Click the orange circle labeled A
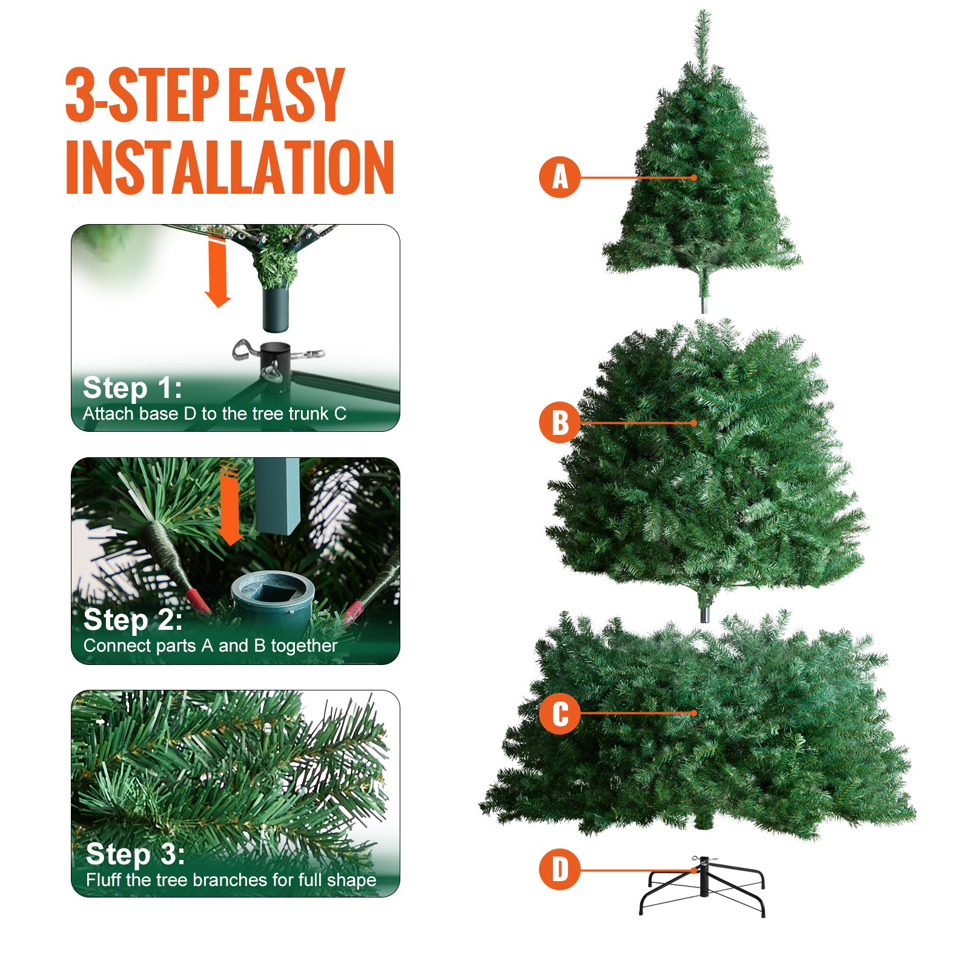tap(560, 177)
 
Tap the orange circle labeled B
tap(560, 422)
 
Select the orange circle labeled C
tap(560, 713)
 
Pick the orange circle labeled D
tap(560, 869)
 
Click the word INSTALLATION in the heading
tap(230, 167)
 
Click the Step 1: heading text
tap(132, 388)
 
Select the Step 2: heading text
tap(133, 620)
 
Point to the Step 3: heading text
tap(135, 854)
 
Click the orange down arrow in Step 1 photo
tap(217, 273)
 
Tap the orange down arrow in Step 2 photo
tap(230, 506)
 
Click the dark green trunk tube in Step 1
tap(276, 309)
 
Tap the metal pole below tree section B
tap(704, 613)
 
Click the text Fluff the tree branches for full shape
tap(231, 879)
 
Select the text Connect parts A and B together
tap(210, 646)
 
